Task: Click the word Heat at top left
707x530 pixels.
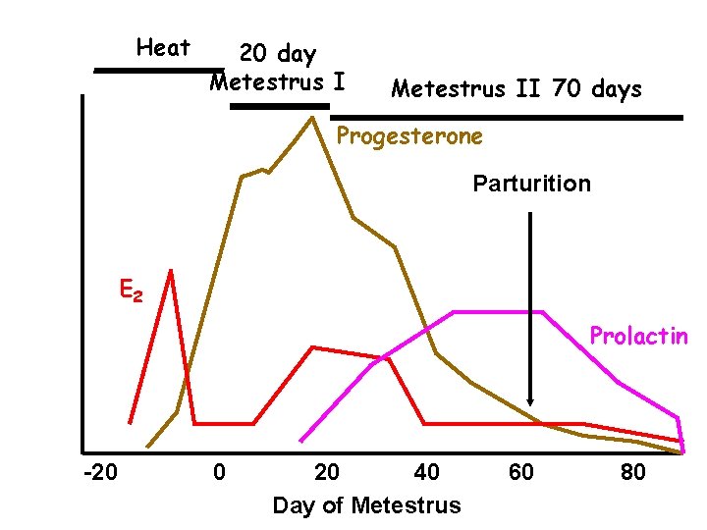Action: [163, 47]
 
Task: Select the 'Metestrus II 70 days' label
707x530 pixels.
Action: [517, 89]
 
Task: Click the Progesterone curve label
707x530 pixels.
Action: [409, 136]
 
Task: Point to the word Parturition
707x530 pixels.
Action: [531, 184]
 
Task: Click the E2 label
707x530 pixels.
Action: [131, 291]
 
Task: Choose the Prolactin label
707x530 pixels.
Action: [638, 337]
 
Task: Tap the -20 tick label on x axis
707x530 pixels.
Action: [101, 473]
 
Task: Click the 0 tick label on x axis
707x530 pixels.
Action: [220, 473]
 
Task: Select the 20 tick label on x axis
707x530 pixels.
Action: [327, 473]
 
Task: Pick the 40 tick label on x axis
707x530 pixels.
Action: [426, 473]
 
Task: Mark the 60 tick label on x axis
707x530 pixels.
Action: [521, 473]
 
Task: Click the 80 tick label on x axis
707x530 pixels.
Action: [633, 473]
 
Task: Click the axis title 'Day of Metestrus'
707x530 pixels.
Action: [365, 505]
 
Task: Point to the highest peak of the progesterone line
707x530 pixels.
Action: [311, 118]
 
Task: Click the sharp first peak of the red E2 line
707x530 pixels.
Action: [171, 271]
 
